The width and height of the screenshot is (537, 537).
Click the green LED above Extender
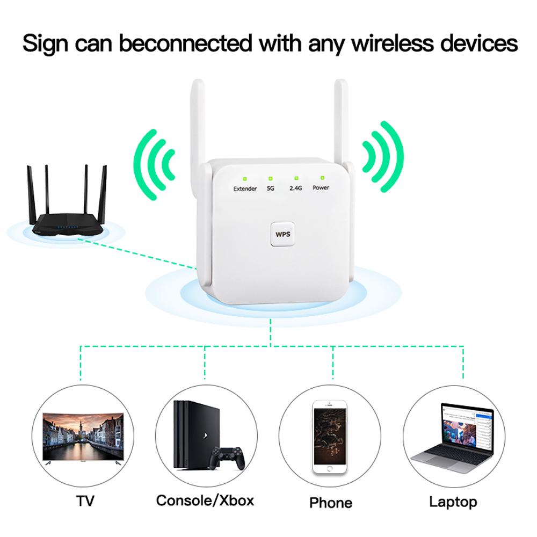pyautogui.click(x=244, y=179)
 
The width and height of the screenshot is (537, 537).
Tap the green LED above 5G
pyautogui.click(x=271, y=178)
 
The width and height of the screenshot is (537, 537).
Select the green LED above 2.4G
pyautogui.click(x=296, y=178)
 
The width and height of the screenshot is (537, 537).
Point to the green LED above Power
pyautogui.click(x=322, y=177)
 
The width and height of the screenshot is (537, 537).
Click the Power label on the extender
pyautogui.click(x=321, y=188)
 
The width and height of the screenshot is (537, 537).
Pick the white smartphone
pyautogui.click(x=330, y=437)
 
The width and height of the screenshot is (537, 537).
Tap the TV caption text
pyautogui.click(x=85, y=502)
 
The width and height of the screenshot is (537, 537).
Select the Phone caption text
pyautogui.click(x=331, y=503)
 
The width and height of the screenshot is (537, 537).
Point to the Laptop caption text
pyautogui.click(x=453, y=502)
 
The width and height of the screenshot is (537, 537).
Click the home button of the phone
pyautogui.click(x=330, y=468)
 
